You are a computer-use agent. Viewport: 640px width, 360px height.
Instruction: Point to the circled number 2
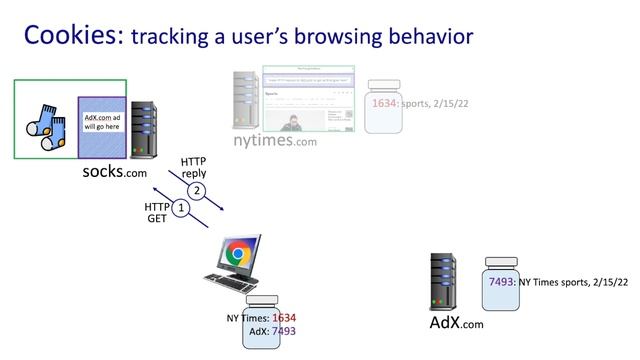(198, 190)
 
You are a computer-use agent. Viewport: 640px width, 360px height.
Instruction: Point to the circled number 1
(180, 208)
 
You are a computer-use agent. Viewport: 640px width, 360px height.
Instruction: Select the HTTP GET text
(157, 213)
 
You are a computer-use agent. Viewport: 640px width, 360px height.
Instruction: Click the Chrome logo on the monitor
(237, 255)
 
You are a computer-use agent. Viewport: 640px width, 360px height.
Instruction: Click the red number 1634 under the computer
(284, 318)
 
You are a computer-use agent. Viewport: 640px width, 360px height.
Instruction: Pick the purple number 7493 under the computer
(284, 330)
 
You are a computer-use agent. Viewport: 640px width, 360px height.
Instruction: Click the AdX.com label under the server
(456, 323)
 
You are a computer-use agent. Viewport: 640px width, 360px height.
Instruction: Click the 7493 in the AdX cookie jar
(501, 283)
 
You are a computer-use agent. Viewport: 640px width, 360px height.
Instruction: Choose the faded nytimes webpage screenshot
(309, 99)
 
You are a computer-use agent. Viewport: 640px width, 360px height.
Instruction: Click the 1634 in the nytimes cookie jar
(384, 102)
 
